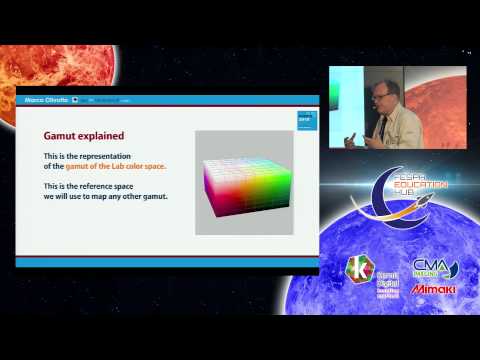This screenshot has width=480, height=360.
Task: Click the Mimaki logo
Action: coord(434,289)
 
